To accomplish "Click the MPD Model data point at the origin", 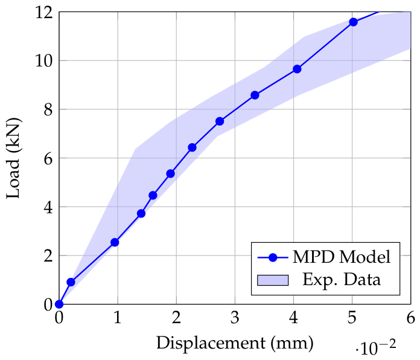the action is pos(59,304).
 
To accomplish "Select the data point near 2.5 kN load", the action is pos(115,242).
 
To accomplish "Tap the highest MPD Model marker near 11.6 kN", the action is pos(353,22).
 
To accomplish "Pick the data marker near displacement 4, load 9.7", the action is pos(297,69).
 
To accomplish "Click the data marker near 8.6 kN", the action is pos(255,95).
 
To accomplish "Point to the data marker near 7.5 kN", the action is pos(220,121).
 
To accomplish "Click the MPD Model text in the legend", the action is pos(342,257).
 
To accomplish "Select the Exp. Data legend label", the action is pos(342,280).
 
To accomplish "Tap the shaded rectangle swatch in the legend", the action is pos(273,280).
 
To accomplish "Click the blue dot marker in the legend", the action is pos(273,258).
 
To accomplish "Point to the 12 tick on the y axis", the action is pos(44,12).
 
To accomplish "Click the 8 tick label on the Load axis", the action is pos(48,110).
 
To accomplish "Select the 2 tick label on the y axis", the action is pos(48,256).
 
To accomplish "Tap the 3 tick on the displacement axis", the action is pos(235,318).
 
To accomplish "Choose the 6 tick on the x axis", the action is pos(410,318).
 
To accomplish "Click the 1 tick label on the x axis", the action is pos(117,318).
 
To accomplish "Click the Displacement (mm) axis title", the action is pos(235,343).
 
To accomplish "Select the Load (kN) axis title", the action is pos(13,158).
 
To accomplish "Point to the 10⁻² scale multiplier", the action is pos(375,347).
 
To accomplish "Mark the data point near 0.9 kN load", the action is pos(71,282).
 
